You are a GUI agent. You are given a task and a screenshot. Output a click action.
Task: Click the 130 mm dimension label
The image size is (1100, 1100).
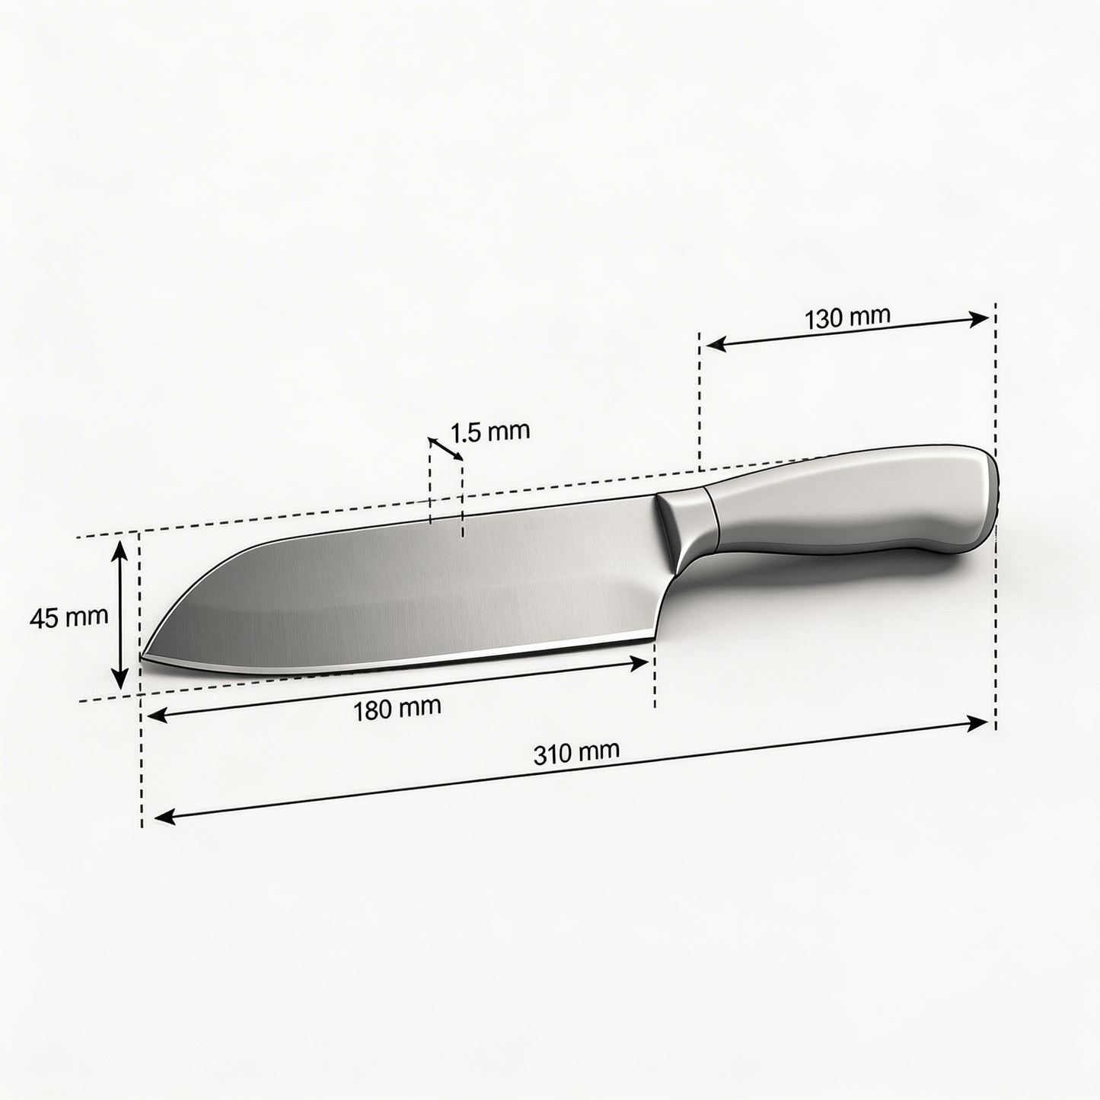tap(847, 317)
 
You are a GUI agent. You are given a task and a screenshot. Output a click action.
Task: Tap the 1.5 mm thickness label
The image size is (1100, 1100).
tap(490, 432)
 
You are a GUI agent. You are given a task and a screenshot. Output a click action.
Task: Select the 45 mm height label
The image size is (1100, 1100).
tap(69, 617)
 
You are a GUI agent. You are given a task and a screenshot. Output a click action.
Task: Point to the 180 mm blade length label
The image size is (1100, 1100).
tap(397, 709)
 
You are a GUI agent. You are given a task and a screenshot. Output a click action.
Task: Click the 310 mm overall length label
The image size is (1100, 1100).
tap(576, 752)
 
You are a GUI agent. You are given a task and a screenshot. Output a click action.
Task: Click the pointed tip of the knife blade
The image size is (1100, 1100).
tap(141, 658)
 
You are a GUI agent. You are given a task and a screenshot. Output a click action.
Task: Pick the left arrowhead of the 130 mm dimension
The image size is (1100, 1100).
tap(716, 344)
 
